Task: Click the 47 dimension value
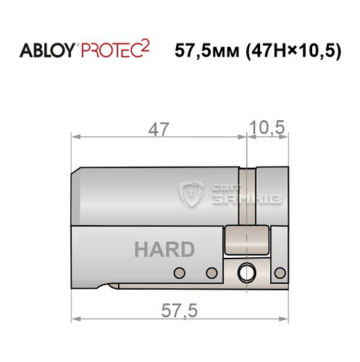click(x=159, y=131)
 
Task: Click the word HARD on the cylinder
click(x=164, y=250)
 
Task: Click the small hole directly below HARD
click(x=179, y=273)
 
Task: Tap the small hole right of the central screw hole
click(x=279, y=273)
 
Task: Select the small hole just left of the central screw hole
click(x=212, y=273)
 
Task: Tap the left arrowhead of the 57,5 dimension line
click(x=75, y=319)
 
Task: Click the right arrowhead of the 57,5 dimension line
click(x=285, y=319)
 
